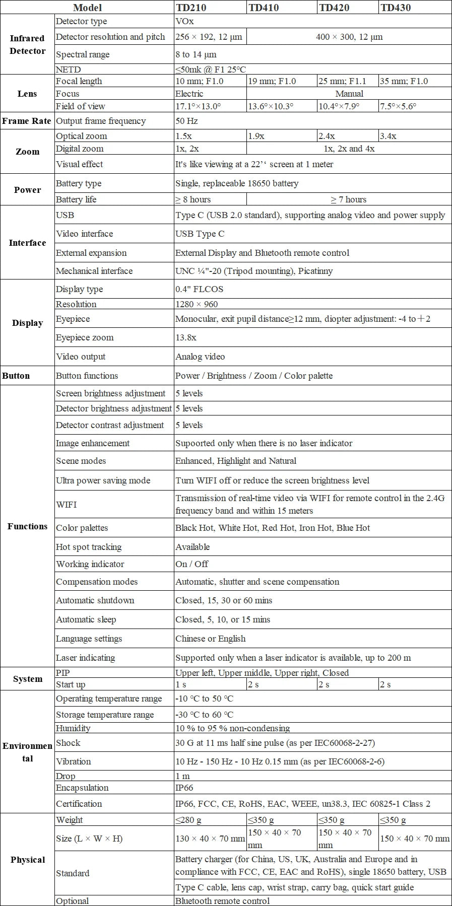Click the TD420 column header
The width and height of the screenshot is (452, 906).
point(334,8)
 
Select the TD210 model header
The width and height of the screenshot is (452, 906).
point(191,8)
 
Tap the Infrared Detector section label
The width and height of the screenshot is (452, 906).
point(27,44)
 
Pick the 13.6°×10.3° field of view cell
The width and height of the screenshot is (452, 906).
point(271,106)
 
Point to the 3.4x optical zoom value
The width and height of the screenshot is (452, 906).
point(388,136)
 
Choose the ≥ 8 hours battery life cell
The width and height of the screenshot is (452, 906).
point(193,199)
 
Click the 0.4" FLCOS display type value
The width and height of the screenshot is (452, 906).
point(199,289)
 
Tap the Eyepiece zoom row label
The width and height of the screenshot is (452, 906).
point(85,337)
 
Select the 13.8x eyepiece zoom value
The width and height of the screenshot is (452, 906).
point(186,337)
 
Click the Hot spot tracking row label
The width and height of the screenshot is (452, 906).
point(89,547)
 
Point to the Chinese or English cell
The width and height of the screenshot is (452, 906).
point(211,639)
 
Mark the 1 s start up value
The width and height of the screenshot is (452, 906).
point(181,684)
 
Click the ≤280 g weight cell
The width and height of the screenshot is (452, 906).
point(188,820)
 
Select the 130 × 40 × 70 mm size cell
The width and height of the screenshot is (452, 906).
point(210,839)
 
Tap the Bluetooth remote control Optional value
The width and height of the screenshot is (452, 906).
point(222,901)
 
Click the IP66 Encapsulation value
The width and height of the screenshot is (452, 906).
point(184,788)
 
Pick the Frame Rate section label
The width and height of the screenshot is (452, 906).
point(27,121)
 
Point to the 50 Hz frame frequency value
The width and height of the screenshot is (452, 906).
point(186,121)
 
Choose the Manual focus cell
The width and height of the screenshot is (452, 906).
point(349,94)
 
